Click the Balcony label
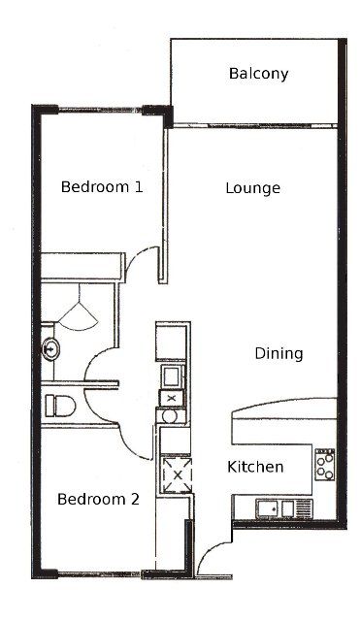[258, 74]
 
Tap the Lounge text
[252, 188]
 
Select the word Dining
[278, 353]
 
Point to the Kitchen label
[255, 467]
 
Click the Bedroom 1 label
[102, 187]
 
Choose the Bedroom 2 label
[98, 499]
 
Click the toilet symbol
[60, 406]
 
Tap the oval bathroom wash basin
[51, 349]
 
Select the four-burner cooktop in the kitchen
[325, 465]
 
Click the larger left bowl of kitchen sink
[268, 508]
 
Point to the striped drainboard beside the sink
[304, 508]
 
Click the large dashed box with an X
[178, 474]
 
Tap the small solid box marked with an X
[171, 399]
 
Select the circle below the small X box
[170, 416]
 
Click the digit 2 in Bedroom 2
[136, 499]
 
